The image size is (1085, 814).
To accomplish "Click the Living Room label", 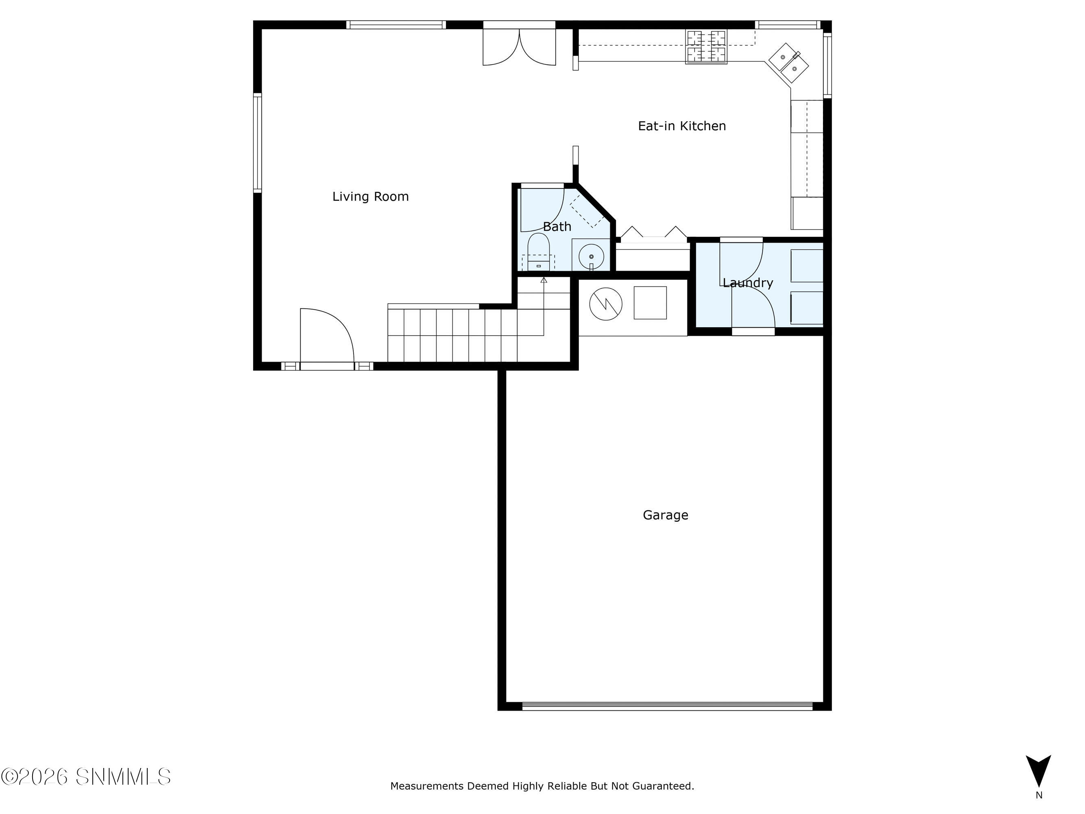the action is [370, 197].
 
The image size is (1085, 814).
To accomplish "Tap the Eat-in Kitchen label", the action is [682, 126].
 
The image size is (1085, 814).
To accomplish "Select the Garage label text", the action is [666, 515].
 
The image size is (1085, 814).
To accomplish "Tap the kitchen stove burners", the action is [706, 47].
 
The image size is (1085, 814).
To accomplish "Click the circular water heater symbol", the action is [606, 304].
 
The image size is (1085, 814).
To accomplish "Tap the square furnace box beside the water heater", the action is [651, 303].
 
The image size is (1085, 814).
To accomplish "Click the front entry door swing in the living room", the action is [327, 336].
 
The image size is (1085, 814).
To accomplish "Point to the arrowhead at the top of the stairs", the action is [544, 280].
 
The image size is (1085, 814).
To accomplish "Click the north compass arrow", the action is [1038, 771].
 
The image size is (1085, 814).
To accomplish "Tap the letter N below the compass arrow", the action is [1039, 795].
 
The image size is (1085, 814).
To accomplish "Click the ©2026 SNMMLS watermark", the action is [86, 777].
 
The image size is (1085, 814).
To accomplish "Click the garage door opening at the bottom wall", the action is [667, 707].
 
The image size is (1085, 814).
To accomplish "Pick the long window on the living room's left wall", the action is [258, 143].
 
